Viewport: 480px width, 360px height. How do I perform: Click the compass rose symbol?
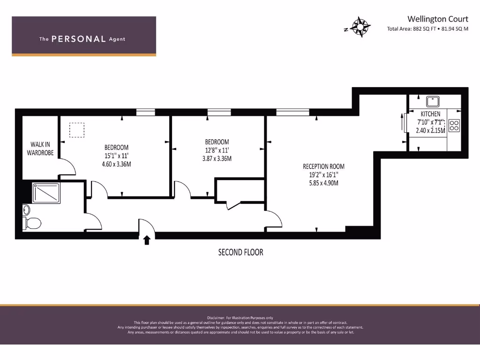360,27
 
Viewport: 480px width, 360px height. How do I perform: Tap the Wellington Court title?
437,19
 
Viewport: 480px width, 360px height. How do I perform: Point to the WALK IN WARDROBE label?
40,149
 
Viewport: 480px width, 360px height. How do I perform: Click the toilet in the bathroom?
32,223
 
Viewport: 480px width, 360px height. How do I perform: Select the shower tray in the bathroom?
46,193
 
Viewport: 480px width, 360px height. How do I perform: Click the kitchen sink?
431,101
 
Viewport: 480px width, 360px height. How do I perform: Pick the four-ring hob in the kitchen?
454,125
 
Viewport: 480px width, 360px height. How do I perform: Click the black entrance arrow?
147,240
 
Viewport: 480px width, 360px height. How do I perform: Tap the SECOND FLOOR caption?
240,252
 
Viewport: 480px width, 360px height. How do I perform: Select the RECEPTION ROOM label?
323,166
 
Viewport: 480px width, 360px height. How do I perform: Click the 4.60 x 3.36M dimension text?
116,164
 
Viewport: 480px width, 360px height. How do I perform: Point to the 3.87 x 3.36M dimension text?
217,158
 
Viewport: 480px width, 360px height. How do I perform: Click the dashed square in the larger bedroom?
77,130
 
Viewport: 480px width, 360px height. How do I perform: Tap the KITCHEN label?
430,114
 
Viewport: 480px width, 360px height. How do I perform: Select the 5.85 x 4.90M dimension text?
323,183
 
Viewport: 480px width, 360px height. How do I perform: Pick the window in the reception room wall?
292,112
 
